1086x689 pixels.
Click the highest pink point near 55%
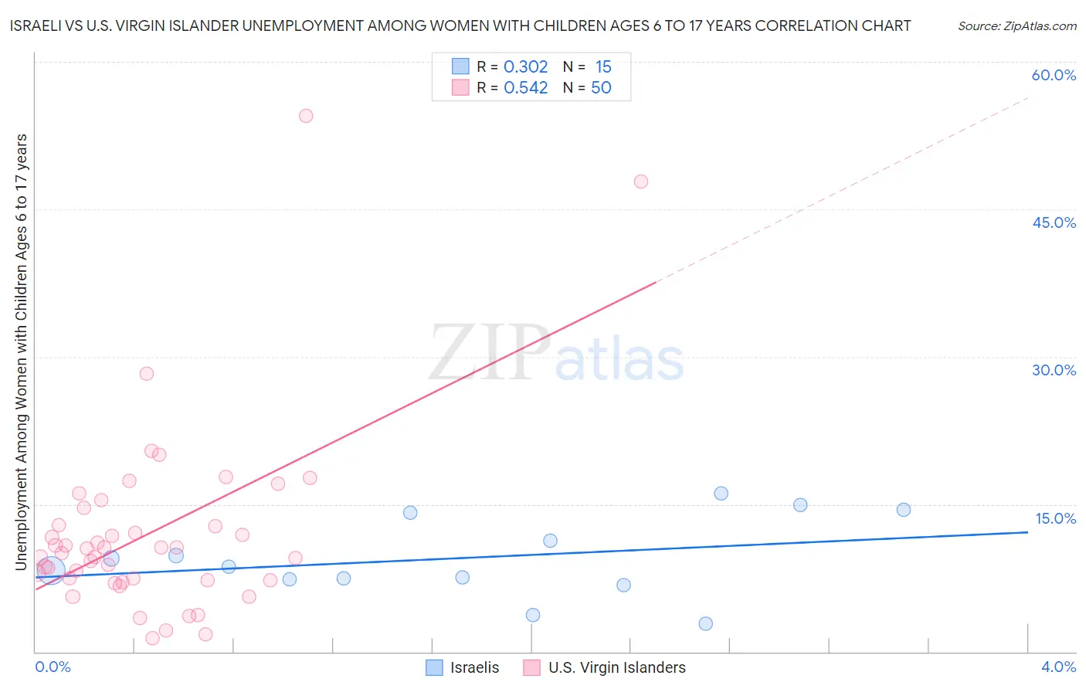pos(306,116)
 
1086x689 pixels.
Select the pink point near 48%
pos(641,182)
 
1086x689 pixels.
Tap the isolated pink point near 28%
pos(147,374)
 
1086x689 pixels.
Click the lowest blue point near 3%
pos(706,624)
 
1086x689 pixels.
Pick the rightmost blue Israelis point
pos(904,510)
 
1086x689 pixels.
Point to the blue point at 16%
pos(721,494)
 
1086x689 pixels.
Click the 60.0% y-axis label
pos(1054,75)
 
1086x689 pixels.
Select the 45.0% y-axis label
pos(1054,222)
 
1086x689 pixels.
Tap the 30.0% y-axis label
pos(1054,370)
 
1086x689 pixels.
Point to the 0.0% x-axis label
pos(53,667)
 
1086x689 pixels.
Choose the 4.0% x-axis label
pos(1058,667)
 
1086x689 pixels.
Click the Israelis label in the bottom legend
pos(474,667)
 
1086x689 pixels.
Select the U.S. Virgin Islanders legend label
pos(616,667)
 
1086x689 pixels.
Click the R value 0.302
pos(525,67)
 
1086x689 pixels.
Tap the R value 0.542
pos(525,88)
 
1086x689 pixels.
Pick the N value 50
pos(601,88)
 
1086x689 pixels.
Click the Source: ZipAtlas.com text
pos(1016,26)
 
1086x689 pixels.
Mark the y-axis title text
pos(22,352)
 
